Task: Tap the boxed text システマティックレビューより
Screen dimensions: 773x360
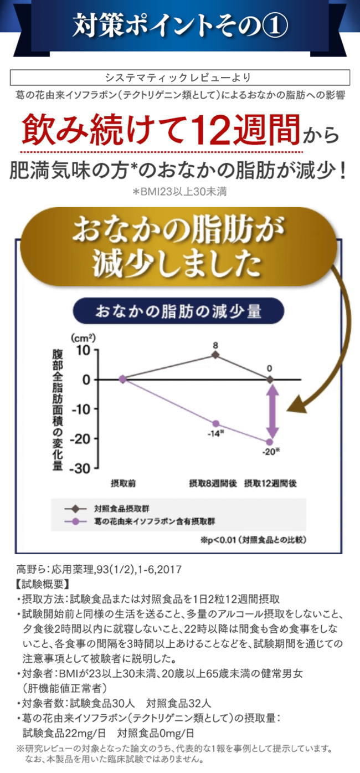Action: click(x=180, y=78)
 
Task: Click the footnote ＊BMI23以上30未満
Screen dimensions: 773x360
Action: click(x=179, y=192)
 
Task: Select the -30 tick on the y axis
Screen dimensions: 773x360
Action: click(x=79, y=468)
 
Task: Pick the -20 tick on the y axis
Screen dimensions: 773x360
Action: click(x=79, y=438)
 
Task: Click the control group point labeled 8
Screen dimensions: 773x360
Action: click(x=215, y=355)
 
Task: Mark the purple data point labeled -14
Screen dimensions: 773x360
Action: click(x=216, y=423)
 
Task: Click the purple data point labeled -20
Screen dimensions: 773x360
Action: click(x=270, y=442)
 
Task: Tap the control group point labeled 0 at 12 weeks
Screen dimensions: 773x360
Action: click(x=270, y=379)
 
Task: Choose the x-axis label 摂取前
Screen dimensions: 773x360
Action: click(x=123, y=483)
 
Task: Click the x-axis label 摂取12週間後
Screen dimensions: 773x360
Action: click(x=270, y=483)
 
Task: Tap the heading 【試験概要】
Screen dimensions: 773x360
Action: click(x=44, y=583)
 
